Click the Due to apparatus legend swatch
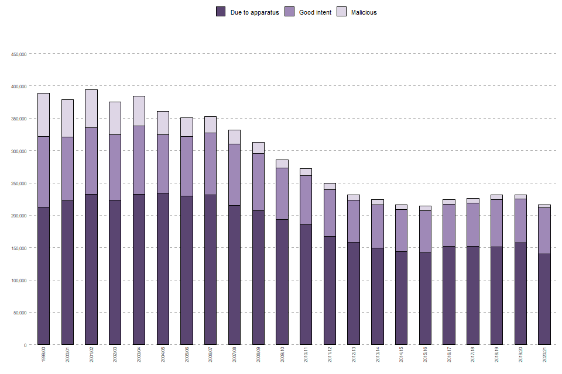click(x=221, y=12)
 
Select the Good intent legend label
click(x=315, y=12)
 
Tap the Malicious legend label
click(x=364, y=12)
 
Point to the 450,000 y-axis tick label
click(x=19, y=54)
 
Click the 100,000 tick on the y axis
click(x=19, y=280)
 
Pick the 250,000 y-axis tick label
click(x=19, y=183)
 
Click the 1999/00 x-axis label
click(x=43, y=354)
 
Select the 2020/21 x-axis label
click(x=544, y=354)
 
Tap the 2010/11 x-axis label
click(x=306, y=354)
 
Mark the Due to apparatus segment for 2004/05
click(x=163, y=269)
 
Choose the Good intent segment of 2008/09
click(x=258, y=182)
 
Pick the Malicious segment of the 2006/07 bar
click(x=210, y=124)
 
